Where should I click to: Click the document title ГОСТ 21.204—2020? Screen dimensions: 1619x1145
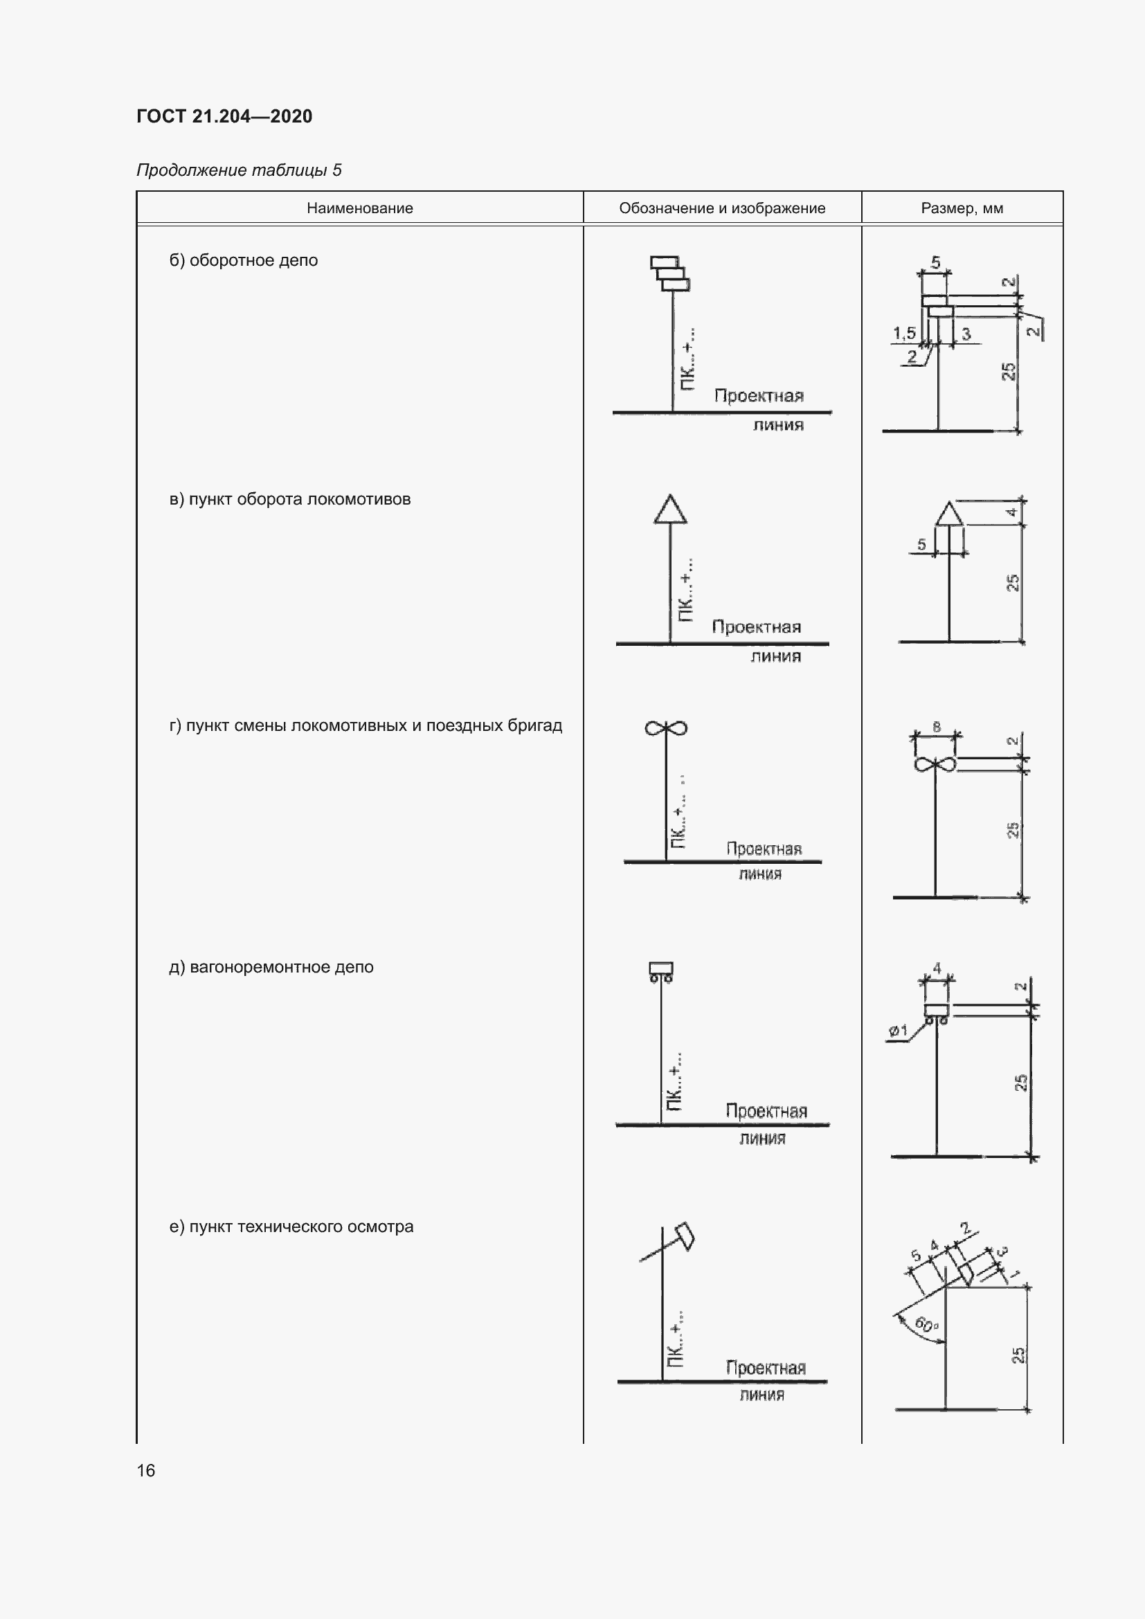pyautogui.click(x=224, y=116)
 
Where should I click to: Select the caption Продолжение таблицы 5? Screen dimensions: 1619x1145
pyautogui.click(x=238, y=170)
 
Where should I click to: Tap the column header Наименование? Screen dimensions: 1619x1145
pyautogui.click(x=359, y=208)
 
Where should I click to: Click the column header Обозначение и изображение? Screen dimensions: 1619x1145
pyautogui.click(x=722, y=208)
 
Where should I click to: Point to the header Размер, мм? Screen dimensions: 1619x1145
pyautogui.click(x=962, y=208)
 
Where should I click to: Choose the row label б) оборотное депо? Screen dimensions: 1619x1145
pyautogui.click(x=243, y=260)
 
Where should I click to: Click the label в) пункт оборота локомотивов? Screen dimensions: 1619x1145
pyautogui.click(x=290, y=499)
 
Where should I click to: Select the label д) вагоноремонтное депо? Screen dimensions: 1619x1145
pyautogui.click(x=271, y=967)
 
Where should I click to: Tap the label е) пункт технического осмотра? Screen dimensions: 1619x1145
pyautogui.click(x=291, y=1227)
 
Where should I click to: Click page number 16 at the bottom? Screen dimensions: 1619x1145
pyautogui.click(x=146, y=1470)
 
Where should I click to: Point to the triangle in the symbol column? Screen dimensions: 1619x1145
pyautogui.click(x=670, y=510)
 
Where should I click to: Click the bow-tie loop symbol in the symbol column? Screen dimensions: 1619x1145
pyautogui.click(x=665, y=728)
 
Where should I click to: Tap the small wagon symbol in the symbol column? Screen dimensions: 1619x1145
pyautogui.click(x=660, y=971)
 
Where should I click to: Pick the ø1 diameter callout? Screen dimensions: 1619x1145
pyautogui.click(x=898, y=1031)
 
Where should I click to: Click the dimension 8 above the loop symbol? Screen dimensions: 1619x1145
pyautogui.click(x=937, y=726)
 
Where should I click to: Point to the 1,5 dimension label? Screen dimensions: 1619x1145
pyautogui.click(x=904, y=332)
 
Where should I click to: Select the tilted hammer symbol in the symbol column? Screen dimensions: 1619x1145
pyautogui.click(x=684, y=1236)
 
